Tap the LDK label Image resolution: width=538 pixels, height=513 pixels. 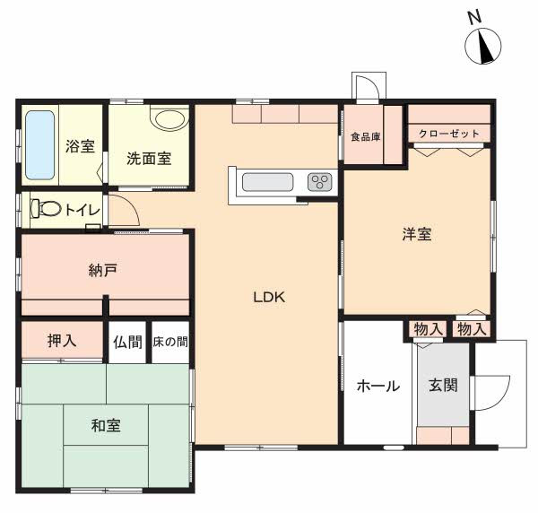268,298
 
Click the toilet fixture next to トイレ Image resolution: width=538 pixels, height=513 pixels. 48,209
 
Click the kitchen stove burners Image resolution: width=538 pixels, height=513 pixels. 320,182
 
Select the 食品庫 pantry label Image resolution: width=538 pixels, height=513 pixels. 365,137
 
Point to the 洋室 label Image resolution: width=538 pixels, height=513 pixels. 417,235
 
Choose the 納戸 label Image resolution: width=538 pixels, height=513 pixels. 102,271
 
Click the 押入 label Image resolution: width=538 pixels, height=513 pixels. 62,341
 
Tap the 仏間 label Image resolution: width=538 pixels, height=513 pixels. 127,342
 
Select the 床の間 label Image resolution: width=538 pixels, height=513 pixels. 169,342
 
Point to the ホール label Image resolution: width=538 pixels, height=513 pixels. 377,386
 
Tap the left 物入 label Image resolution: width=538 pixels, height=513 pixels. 428,329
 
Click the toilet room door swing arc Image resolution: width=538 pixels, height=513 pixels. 125,213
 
